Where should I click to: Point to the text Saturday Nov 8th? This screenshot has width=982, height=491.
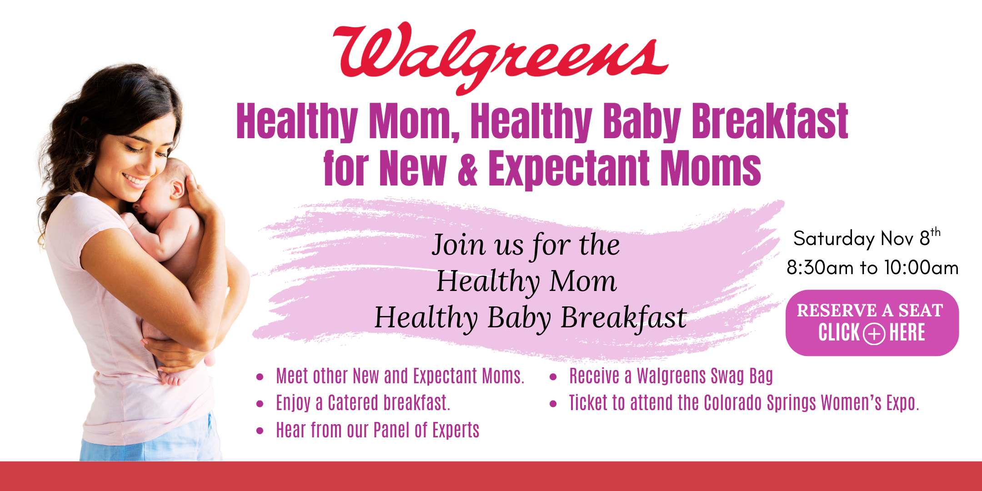tap(867, 237)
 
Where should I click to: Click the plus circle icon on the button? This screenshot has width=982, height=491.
tap(874, 334)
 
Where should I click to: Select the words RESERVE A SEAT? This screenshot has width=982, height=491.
tap(870, 310)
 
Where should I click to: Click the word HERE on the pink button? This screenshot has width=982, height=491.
tap(907, 332)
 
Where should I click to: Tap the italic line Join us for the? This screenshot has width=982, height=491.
tap(526, 245)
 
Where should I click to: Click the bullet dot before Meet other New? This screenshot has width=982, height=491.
tap(260, 377)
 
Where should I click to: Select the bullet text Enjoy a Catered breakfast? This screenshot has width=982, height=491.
tap(363, 403)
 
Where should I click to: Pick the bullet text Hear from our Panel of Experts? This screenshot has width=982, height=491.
tap(377, 430)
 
